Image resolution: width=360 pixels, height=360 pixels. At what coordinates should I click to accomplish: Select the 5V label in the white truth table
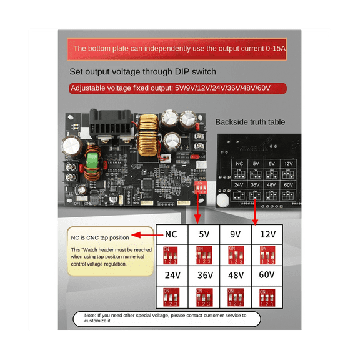tap(204, 236)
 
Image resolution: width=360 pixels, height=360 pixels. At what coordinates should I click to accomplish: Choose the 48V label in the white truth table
tap(236, 275)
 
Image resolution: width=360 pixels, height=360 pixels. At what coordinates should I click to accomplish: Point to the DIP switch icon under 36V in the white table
tap(204, 294)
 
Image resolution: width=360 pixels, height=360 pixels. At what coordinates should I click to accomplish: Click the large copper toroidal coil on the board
tap(149, 135)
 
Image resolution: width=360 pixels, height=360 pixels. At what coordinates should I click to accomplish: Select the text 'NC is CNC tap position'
tap(100, 237)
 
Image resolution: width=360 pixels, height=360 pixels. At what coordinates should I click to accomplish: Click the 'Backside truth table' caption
tap(254, 122)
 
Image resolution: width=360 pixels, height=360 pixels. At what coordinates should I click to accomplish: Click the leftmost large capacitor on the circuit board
tap(69, 147)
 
